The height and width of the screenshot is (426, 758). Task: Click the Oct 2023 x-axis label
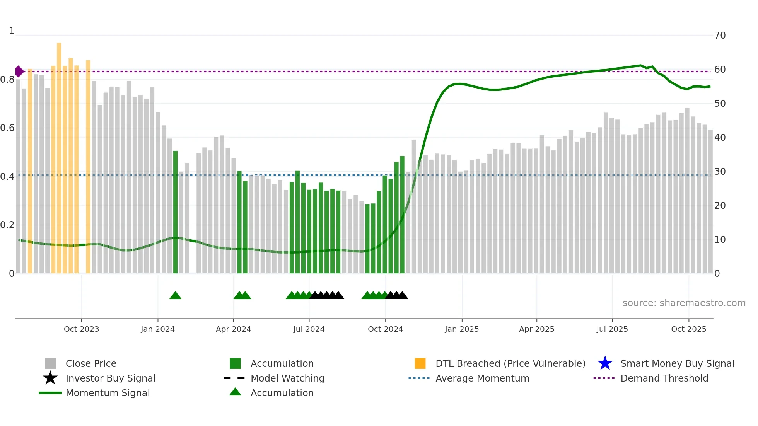81,329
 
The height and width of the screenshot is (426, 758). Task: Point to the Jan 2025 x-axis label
461,329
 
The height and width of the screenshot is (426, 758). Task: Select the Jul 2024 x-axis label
309,329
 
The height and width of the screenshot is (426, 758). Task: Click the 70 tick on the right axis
720,36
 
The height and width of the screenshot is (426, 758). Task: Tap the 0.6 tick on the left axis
8,128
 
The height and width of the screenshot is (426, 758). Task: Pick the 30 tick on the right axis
720,172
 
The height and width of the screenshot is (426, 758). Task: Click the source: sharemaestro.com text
684,303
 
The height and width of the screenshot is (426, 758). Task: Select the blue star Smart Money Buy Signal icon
605,363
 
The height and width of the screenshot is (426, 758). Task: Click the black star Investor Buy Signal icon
50,378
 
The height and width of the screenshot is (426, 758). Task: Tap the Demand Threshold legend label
664,378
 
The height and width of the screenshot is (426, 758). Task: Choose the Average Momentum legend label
482,378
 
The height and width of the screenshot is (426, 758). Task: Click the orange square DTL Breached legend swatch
420,363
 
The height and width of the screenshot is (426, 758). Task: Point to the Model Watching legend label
287,378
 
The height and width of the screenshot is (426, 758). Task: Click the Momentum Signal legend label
108,393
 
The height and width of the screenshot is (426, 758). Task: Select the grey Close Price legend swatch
50,363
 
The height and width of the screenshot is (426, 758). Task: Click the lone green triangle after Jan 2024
175,296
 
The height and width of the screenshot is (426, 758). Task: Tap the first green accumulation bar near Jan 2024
175,213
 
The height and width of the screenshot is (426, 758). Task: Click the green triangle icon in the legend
235,392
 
